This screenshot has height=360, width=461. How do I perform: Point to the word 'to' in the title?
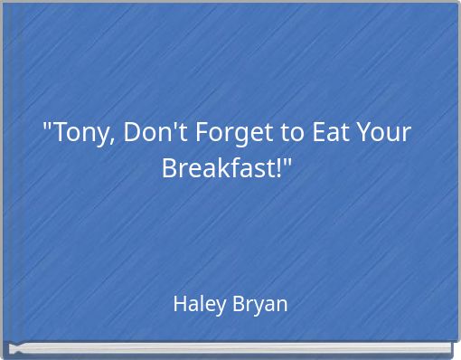tap(292, 134)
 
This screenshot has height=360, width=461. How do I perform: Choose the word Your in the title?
tap(385, 134)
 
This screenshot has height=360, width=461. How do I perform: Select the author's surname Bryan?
tap(261, 304)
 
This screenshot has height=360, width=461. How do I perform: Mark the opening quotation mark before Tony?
tap(48, 126)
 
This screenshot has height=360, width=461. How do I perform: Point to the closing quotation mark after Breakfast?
tap(291, 160)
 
